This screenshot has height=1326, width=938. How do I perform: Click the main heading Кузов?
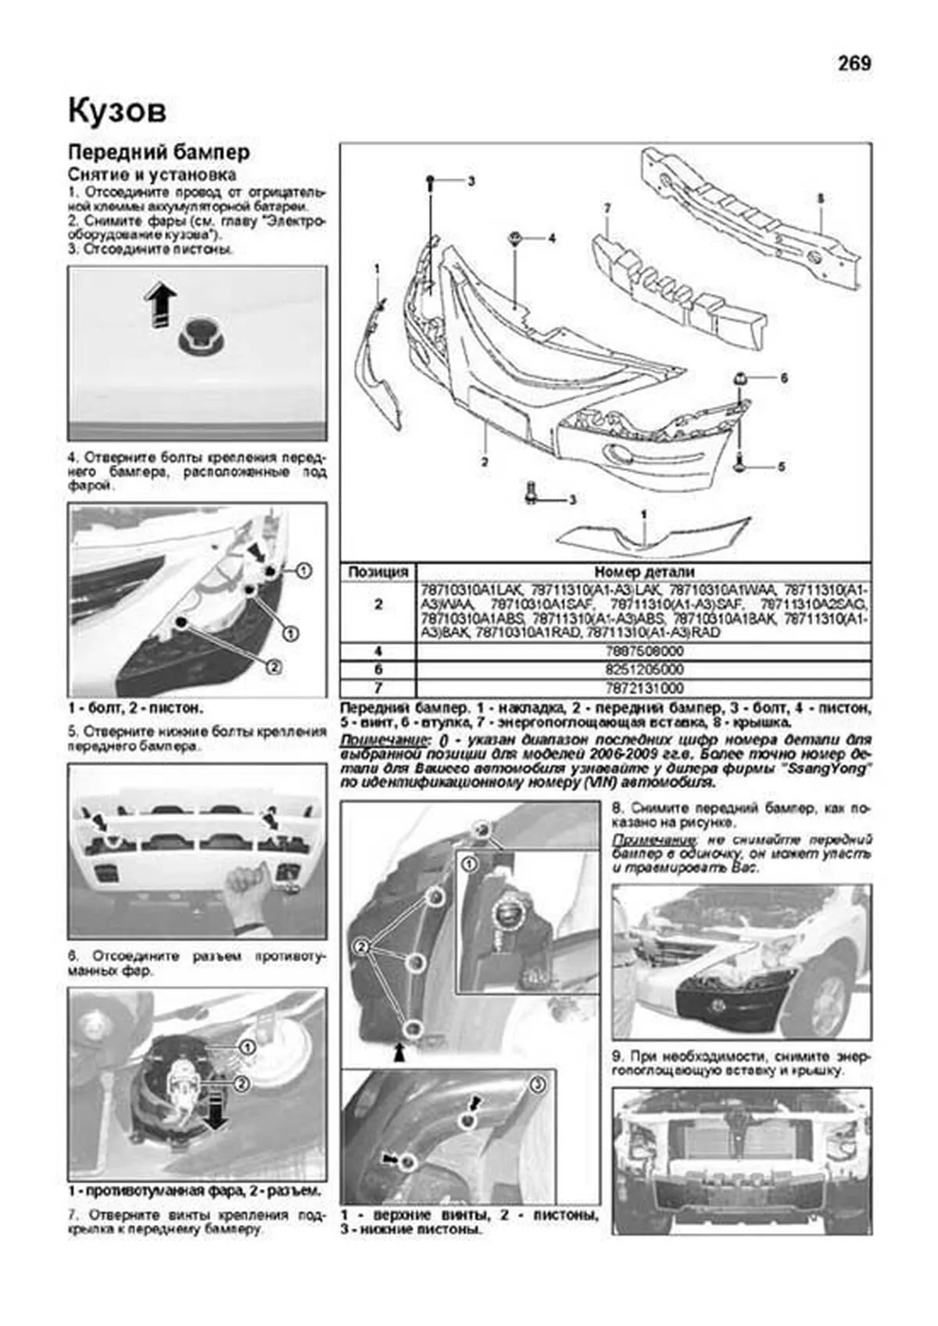(117, 111)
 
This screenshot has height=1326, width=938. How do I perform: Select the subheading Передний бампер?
(159, 152)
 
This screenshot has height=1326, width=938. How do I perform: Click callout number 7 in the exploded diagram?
(607, 209)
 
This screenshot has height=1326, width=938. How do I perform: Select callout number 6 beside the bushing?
(783, 379)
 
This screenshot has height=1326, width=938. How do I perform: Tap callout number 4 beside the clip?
(552, 238)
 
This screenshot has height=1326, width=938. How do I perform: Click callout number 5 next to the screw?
(781, 467)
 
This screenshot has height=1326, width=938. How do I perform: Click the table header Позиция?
(378, 572)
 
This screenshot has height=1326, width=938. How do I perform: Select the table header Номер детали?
(644, 572)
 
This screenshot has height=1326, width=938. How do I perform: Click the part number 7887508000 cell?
(644, 652)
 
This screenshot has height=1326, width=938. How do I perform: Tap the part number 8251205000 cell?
(644, 670)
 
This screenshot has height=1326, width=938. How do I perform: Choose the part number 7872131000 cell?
(644, 688)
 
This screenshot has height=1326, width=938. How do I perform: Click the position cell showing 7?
(378, 688)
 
